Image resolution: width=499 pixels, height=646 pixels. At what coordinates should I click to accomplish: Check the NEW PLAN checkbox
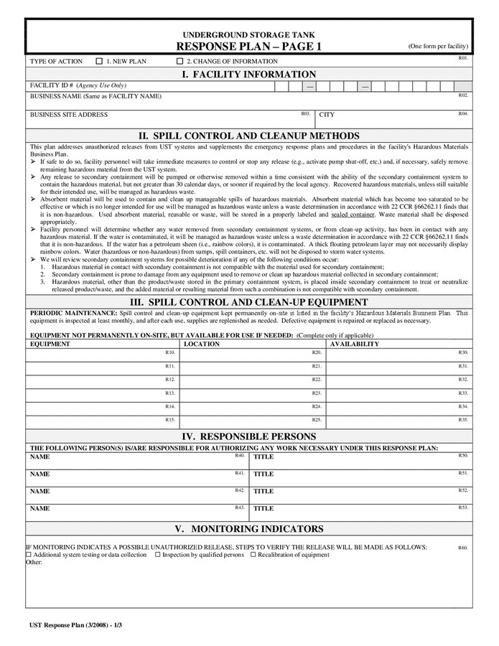pyautogui.click(x=99, y=62)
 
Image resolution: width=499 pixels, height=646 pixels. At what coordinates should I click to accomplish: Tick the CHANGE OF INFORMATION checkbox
pyautogui.click(x=180, y=62)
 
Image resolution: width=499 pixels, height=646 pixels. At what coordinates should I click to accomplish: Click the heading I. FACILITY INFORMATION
pyautogui.click(x=248, y=75)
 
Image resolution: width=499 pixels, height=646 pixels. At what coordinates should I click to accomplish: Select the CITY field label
pyautogui.click(x=327, y=115)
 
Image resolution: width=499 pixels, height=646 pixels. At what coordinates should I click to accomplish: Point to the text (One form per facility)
pyautogui.click(x=438, y=46)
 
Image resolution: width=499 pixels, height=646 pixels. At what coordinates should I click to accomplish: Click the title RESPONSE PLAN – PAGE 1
pyautogui.click(x=248, y=47)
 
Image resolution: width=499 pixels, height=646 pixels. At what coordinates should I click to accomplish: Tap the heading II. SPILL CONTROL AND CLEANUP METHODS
pyautogui.click(x=248, y=136)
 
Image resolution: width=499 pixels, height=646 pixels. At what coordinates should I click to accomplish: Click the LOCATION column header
pyautogui.click(x=202, y=345)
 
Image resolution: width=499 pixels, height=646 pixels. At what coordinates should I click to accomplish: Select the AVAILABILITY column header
pyautogui.click(x=355, y=345)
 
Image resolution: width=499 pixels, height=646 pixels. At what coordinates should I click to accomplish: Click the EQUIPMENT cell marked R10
pyautogui.click(x=102, y=355)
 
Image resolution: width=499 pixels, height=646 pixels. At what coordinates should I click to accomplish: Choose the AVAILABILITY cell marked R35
pyautogui.click(x=398, y=422)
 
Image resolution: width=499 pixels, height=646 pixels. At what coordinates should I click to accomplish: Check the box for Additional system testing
pyautogui.click(x=29, y=555)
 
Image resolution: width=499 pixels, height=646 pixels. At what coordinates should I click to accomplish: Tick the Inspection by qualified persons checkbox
pyautogui.click(x=158, y=555)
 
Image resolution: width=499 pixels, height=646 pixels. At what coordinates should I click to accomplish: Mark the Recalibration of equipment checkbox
pyautogui.click(x=253, y=555)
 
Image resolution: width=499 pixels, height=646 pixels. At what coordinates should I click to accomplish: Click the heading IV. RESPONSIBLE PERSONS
pyautogui.click(x=248, y=436)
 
